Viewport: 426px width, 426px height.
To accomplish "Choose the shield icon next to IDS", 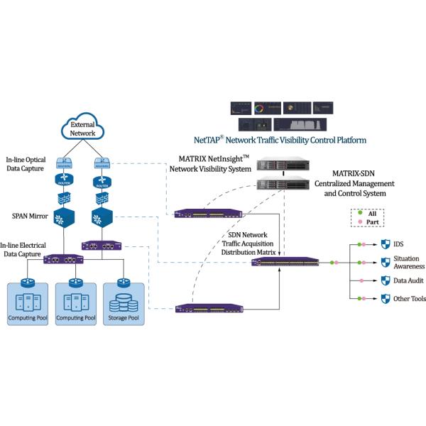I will point(386,244).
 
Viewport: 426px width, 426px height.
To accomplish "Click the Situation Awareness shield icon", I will point(386,263).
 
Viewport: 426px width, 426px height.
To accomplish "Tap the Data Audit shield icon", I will point(386,281).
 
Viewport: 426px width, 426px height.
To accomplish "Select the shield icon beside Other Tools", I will point(386,299).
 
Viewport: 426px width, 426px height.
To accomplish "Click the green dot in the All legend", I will point(360,212).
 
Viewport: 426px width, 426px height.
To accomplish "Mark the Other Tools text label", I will point(410,299).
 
